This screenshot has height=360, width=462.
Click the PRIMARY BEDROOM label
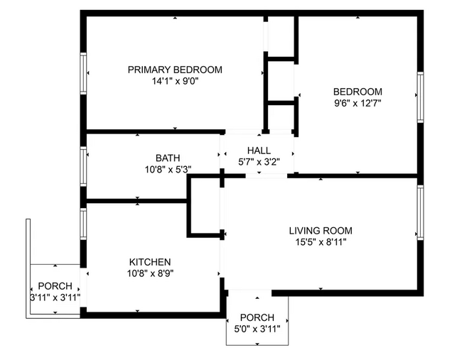[x=175, y=70]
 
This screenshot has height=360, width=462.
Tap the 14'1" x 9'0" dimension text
[x=175, y=82]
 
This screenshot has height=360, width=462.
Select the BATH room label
[x=168, y=158]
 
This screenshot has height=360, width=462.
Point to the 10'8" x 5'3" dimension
[x=168, y=170]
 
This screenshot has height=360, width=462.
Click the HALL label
[x=259, y=149]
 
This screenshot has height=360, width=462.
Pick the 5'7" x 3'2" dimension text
[x=259, y=161]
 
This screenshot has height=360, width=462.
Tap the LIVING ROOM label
[x=321, y=231]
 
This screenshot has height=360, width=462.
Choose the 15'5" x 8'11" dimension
[x=321, y=242]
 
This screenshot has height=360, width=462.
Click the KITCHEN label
[x=149, y=261]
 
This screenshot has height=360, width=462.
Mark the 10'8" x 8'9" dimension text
[x=149, y=273]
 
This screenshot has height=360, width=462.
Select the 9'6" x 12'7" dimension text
[x=358, y=104]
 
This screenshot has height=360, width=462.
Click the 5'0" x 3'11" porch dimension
[x=257, y=329]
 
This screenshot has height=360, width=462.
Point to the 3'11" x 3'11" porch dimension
[x=55, y=297]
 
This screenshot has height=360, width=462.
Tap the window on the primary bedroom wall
[x=85, y=73]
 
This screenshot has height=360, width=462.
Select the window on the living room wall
[x=421, y=212]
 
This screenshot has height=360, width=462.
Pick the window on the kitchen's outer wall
[x=84, y=222]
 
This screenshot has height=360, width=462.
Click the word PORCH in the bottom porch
[x=257, y=317]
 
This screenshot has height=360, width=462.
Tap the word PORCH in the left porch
[x=55, y=285]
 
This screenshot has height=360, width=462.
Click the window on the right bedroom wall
[x=421, y=98]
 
